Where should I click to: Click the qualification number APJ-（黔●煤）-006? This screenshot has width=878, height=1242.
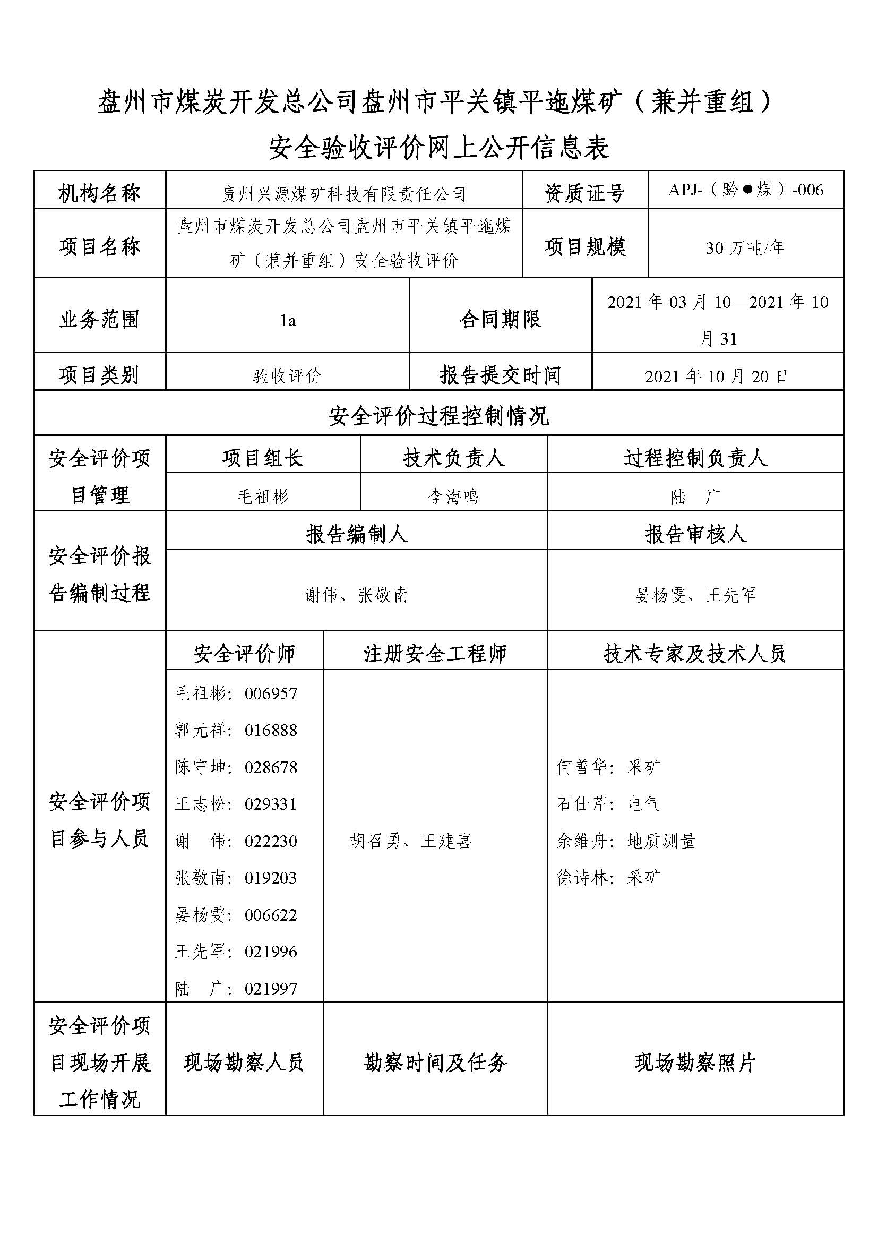click(745, 190)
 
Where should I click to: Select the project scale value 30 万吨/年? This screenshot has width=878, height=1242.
click(745, 249)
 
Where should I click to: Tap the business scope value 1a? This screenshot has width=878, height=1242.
click(288, 321)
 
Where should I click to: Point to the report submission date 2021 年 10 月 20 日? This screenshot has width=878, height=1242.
click(717, 376)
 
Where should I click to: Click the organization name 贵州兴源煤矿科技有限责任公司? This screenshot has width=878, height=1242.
click(344, 194)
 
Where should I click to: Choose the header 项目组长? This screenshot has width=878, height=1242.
click(263, 458)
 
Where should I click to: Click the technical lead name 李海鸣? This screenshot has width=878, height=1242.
click(453, 496)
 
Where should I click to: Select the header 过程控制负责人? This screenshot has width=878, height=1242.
click(695, 458)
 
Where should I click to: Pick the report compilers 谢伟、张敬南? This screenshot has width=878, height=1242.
click(356, 595)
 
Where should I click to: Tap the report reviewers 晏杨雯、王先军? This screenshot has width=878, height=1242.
click(695, 595)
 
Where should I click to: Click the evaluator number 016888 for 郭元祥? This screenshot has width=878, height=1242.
click(271, 730)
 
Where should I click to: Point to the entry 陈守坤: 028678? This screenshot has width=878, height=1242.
click(236, 767)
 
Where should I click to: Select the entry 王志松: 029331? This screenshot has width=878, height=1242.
click(236, 804)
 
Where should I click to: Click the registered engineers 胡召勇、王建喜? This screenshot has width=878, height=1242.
click(411, 841)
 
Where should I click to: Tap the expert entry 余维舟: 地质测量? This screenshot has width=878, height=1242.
click(626, 841)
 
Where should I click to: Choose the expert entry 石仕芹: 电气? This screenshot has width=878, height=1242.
click(608, 804)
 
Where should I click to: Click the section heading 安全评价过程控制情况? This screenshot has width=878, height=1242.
click(438, 416)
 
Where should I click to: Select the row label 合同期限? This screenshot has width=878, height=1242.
click(500, 319)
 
